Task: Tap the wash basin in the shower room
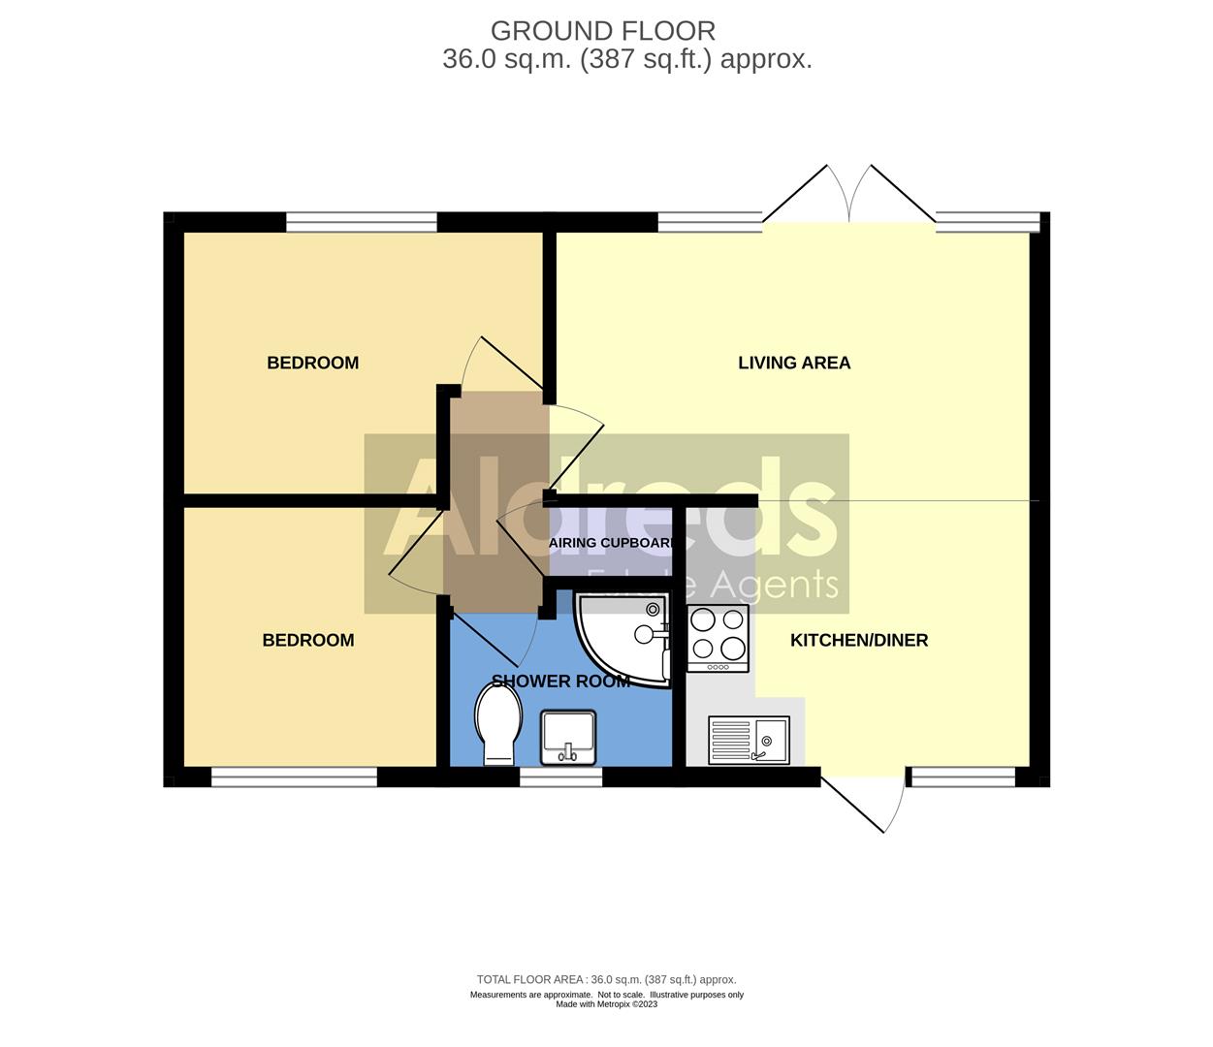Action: pos(568,737)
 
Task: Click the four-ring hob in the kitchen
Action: pos(718,637)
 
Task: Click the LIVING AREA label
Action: pos(794,363)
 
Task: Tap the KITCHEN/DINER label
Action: pos(859,640)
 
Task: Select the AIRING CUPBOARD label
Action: pos(612,543)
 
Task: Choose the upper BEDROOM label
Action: pos(312,363)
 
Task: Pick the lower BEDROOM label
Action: pos(308,640)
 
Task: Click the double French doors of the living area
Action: pos(849,199)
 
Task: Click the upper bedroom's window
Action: pos(362,222)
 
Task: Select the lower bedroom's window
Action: pos(294,777)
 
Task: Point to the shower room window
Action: pos(560,777)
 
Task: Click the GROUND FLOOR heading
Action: pos(603,31)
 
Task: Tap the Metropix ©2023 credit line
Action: pos(607,1004)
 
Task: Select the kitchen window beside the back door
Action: pos(962,777)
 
